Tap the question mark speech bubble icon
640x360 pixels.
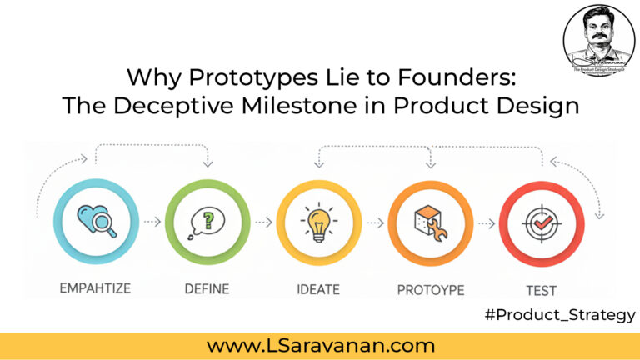(207, 222)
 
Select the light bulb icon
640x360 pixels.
(319, 222)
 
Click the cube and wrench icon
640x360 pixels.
(430, 222)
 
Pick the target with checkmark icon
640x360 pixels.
(541, 222)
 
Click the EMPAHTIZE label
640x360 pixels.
(94, 289)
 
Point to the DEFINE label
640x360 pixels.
(207, 289)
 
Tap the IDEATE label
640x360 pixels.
(318, 289)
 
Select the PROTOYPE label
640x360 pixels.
(430, 290)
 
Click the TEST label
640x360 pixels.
(541, 290)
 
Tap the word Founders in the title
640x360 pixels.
(453, 79)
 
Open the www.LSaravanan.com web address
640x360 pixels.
(321, 344)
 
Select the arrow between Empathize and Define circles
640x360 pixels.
(151, 222)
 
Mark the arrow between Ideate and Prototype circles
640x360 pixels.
(374, 222)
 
